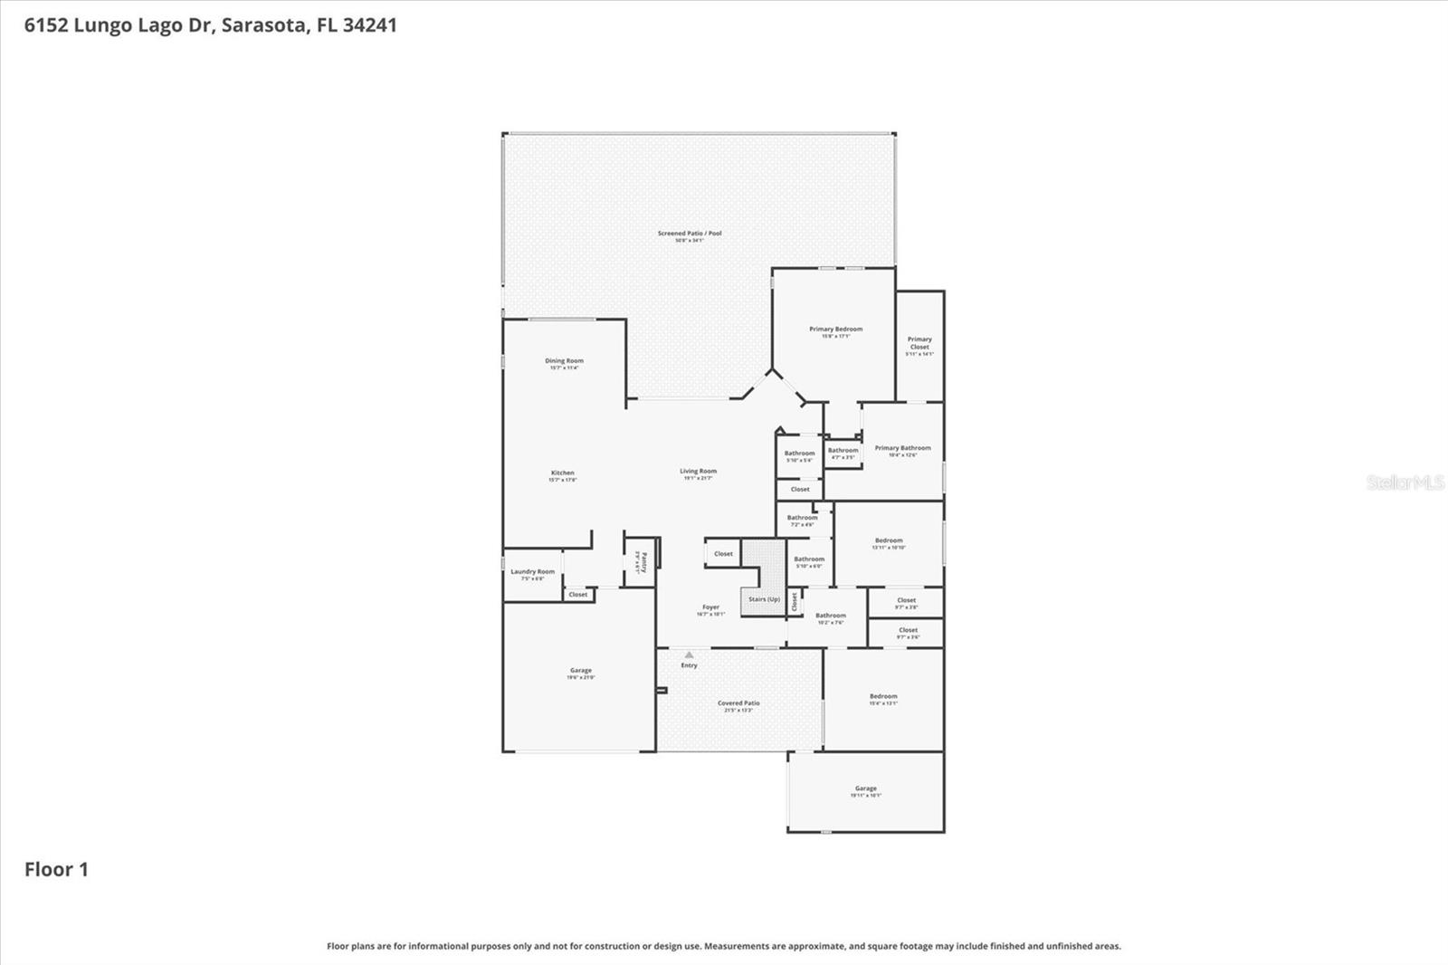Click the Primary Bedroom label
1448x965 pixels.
pyautogui.click(x=835, y=330)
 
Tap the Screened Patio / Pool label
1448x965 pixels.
pyautogui.click(x=690, y=234)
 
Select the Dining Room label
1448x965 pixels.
pyautogui.click(x=564, y=361)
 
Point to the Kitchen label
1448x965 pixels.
pyautogui.click(x=562, y=473)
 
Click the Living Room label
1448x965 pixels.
pyautogui.click(x=698, y=472)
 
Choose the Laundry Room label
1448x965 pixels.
pyautogui.click(x=532, y=572)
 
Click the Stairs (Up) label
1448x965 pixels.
pyautogui.click(x=764, y=599)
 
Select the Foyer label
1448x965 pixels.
pyautogui.click(x=710, y=607)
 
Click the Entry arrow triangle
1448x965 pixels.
pyautogui.click(x=689, y=654)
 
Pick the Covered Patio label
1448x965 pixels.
pyautogui.click(x=738, y=703)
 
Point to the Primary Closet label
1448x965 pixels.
pyautogui.click(x=919, y=343)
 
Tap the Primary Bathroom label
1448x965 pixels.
pyautogui.click(x=902, y=448)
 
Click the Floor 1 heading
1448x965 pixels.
pyautogui.click(x=56, y=870)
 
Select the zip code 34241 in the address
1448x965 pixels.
pyautogui.click(x=369, y=25)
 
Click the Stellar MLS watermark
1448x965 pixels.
pyautogui.click(x=1405, y=482)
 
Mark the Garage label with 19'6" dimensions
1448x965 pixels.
pyautogui.click(x=581, y=671)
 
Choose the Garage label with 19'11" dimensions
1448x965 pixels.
pyautogui.click(x=865, y=788)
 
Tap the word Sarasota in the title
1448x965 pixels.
pyautogui.click(x=263, y=25)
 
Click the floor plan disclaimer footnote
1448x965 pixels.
pyautogui.click(x=723, y=946)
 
